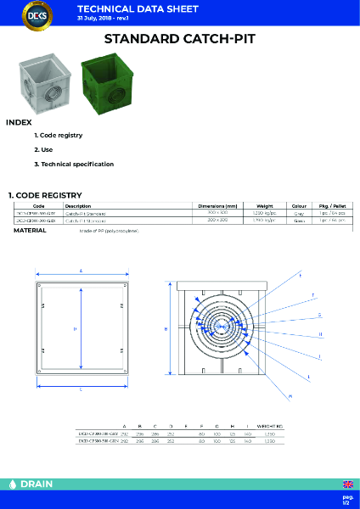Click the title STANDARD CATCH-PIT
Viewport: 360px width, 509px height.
click(179, 39)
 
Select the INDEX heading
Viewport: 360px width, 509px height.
click(19, 122)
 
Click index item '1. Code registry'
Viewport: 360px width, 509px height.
click(58, 136)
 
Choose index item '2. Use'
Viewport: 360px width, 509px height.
click(42, 149)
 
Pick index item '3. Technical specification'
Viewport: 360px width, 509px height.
click(73, 164)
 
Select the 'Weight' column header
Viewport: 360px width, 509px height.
click(264, 205)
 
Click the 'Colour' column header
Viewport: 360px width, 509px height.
click(299, 205)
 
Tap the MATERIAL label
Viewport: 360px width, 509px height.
click(30, 230)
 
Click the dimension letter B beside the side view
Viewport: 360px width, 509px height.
click(165, 327)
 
